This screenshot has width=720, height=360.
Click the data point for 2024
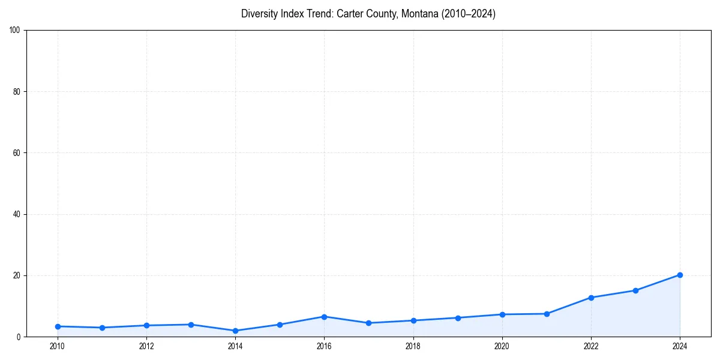click(x=680, y=275)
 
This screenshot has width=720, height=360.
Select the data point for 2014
click(x=235, y=331)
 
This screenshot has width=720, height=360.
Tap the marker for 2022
click(x=591, y=298)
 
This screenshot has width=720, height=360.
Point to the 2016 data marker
click(x=324, y=316)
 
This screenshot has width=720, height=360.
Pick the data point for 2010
click(x=58, y=326)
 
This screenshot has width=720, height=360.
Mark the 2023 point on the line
click(x=635, y=290)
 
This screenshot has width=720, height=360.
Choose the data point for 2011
click(x=102, y=328)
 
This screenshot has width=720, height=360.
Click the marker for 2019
click(x=458, y=317)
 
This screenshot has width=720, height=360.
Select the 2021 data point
click(x=547, y=314)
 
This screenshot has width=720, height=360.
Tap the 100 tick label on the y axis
click(x=15, y=31)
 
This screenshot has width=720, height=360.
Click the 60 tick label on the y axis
click(x=17, y=153)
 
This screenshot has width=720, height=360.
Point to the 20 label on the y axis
click(x=17, y=275)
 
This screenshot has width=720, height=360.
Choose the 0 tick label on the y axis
click(x=19, y=337)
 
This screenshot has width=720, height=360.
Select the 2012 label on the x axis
click(x=146, y=346)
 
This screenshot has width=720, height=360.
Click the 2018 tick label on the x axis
click(x=413, y=346)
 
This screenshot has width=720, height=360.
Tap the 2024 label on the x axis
click(x=680, y=346)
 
